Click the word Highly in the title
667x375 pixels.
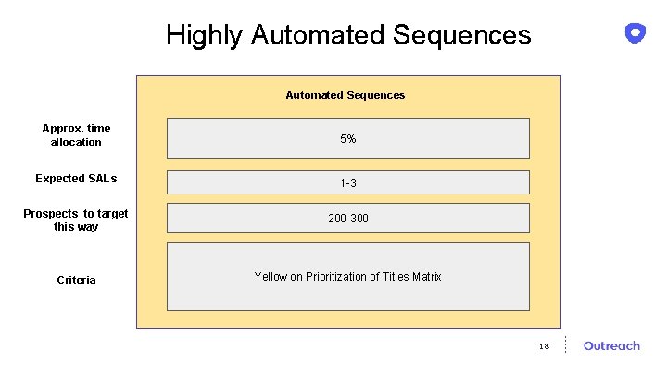205,35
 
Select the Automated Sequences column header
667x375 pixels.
345,94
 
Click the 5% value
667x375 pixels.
347,139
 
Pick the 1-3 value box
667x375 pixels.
347,183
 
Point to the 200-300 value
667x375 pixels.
347,219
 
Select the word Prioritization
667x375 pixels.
337,277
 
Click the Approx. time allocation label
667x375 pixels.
76,135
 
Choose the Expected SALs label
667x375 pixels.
76,179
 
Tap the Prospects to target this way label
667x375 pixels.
76,220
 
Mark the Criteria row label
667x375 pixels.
76,281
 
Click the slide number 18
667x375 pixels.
544,346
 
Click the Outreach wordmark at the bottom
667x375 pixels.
611,346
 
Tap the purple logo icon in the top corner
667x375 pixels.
636,33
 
